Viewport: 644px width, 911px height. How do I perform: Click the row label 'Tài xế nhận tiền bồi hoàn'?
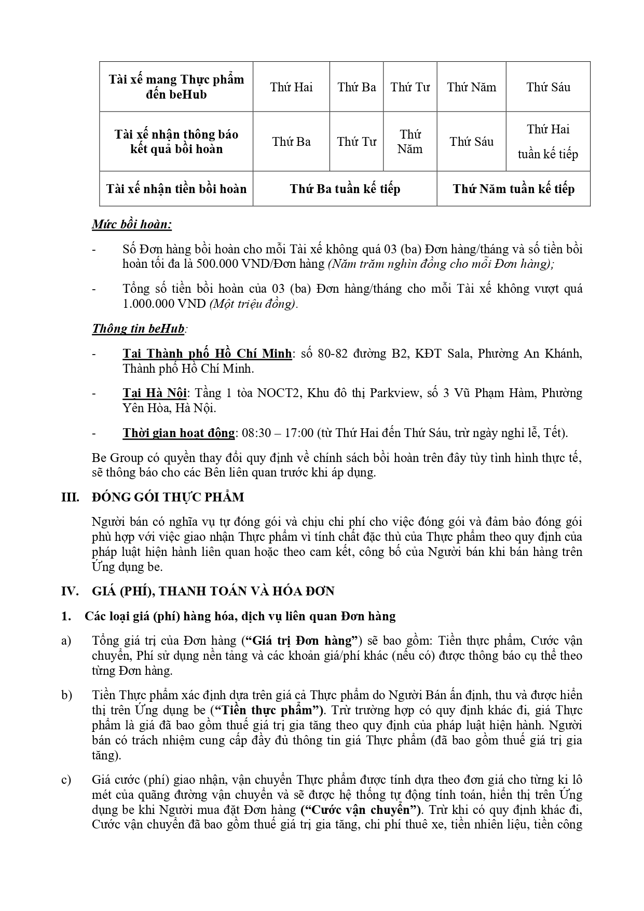coord(176,189)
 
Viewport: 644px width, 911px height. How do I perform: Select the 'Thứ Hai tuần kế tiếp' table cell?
coord(548,142)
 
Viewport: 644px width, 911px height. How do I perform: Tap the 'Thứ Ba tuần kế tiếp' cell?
coord(345,189)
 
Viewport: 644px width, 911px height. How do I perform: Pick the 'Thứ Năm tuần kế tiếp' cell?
coord(513,189)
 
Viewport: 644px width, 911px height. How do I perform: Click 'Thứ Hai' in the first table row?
coord(291,87)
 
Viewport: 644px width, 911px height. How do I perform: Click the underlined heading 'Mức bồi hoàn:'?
coord(132,225)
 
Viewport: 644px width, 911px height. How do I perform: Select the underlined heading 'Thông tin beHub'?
coord(138,329)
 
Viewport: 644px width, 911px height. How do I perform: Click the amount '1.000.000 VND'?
coord(164,304)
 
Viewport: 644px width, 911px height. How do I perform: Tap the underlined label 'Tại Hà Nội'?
coord(154,393)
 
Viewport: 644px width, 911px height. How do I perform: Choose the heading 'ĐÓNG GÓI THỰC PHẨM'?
coord(168,497)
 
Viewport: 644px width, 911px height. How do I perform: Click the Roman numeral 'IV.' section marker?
coord(70,591)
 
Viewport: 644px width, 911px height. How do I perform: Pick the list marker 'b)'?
coord(66,695)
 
